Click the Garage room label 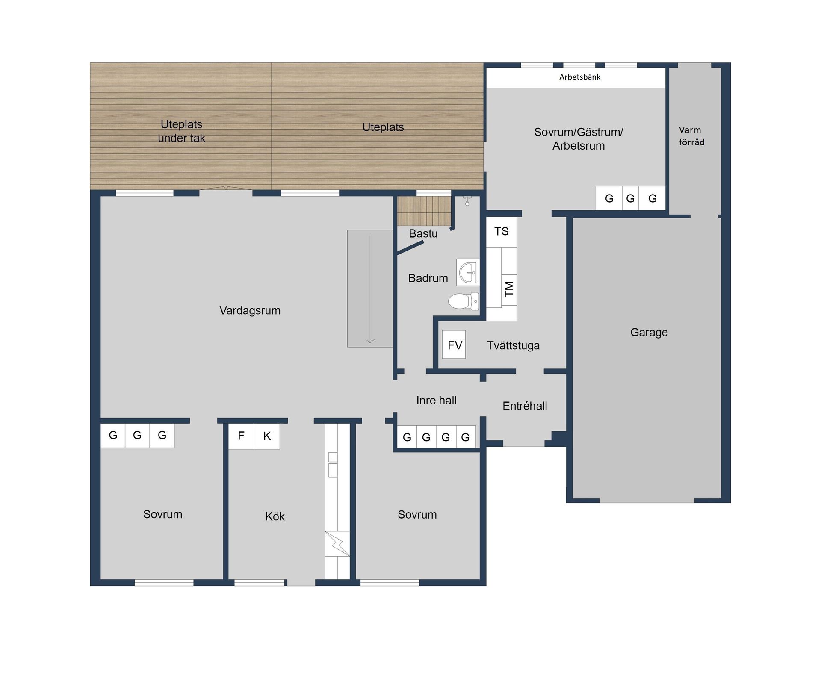click(649, 332)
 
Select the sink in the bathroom click(468, 272)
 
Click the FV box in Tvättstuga click(454, 345)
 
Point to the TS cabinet click(501, 232)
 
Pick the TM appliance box click(509, 289)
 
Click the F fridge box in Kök click(241, 436)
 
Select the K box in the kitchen click(267, 436)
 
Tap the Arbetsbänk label click(579, 77)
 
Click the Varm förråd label click(691, 136)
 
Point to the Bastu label click(423, 234)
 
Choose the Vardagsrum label click(250, 310)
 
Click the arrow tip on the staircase click(370, 342)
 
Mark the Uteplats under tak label click(181, 131)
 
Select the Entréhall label click(524, 406)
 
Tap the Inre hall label click(436, 401)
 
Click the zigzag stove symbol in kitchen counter click(337, 544)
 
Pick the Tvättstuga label click(513, 345)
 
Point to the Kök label click(275, 516)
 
